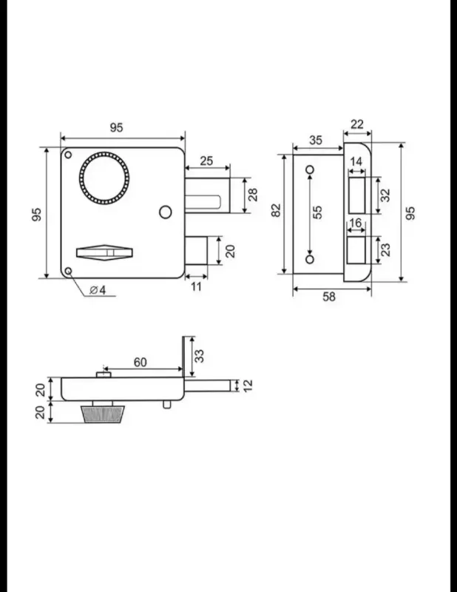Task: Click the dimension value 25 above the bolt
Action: [x=206, y=161]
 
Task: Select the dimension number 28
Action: [x=253, y=195]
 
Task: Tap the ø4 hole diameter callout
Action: [x=98, y=290]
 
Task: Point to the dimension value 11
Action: [x=196, y=286]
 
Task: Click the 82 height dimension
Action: [x=277, y=210]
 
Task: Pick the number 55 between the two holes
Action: [x=318, y=212]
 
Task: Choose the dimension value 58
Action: [x=329, y=297]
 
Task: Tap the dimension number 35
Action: [x=316, y=140]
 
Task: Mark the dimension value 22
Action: [x=357, y=124]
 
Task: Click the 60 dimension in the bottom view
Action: [x=140, y=362]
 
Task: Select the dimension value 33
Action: [x=199, y=356]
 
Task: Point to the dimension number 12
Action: [x=248, y=386]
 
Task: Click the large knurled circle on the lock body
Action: [x=104, y=154]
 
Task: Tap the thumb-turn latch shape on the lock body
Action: [x=104, y=252]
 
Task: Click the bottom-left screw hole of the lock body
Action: [x=68, y=271]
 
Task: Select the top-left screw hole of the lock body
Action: [x=68, y=155]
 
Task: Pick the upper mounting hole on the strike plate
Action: [x=310, y=170]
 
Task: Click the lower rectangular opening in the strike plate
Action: [x=356, y=250]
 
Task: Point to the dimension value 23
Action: [x=386, y=249]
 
